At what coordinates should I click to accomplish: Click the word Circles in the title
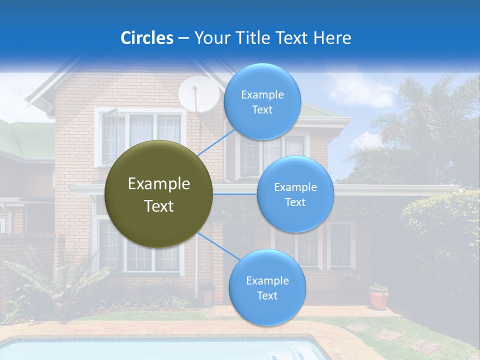146,38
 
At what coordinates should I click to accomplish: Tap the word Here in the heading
332,38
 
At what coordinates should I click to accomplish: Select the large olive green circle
159,194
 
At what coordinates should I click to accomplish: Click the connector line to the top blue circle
216,142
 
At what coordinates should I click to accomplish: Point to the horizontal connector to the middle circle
235,194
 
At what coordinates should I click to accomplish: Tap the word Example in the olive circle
159,184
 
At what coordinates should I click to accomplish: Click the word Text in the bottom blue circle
267,295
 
